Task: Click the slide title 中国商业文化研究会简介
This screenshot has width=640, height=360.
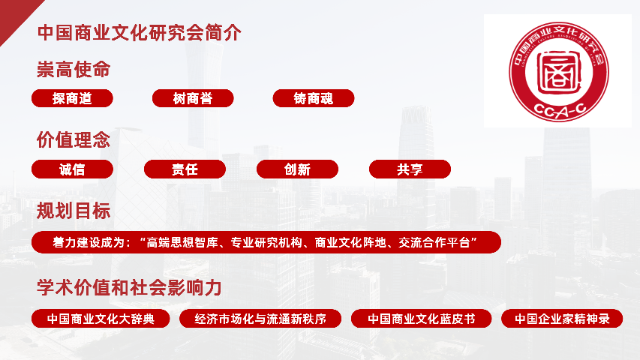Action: click(140, 34)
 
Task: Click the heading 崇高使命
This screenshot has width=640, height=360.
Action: click(74, 70)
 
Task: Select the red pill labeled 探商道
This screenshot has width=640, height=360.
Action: click(72, 98)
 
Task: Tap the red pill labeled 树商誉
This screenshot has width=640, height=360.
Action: click(193, 98)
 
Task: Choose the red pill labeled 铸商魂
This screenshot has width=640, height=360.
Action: click(314, 98)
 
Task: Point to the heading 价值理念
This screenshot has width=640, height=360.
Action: click(74, 140)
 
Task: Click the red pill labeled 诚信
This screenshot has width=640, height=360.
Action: click(72, 169)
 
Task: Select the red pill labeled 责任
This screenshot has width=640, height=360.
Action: click(185, 169)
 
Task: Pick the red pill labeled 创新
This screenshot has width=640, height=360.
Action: click(297, 169)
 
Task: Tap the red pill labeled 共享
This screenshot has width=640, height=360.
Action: click(410, 169)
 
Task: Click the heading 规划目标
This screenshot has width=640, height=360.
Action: click(74, 211)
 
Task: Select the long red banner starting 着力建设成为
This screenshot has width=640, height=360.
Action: click(266, 242)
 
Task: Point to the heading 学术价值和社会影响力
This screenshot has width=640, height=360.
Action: click(129, 287)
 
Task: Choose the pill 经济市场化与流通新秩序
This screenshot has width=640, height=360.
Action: click(260, 319)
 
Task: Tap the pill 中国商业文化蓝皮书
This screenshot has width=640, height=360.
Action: click(421, 319)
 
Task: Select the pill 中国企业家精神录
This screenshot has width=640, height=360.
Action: click(562, 319)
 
